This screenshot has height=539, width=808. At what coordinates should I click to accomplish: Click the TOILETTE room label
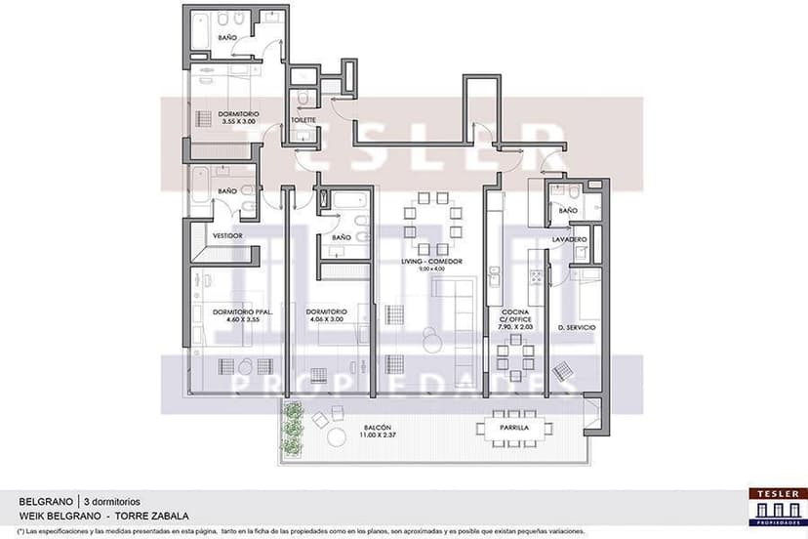(303, 121)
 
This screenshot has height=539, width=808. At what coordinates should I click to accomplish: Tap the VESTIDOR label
(227, 236)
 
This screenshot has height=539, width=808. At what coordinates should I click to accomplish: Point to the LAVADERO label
(568, 239)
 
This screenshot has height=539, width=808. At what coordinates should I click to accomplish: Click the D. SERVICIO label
(577, 326)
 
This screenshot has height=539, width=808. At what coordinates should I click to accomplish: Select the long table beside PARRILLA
(513, 428)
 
